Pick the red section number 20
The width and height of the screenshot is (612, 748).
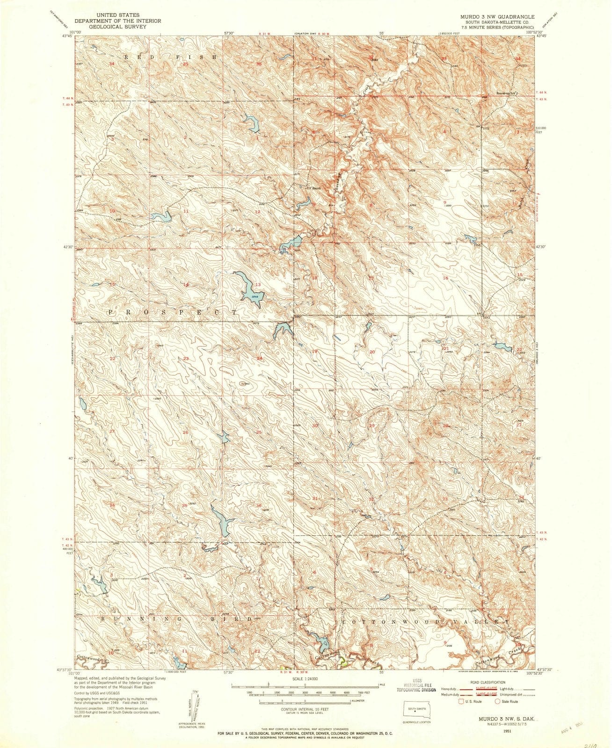[372, 352]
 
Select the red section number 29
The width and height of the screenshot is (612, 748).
[372, 426]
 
